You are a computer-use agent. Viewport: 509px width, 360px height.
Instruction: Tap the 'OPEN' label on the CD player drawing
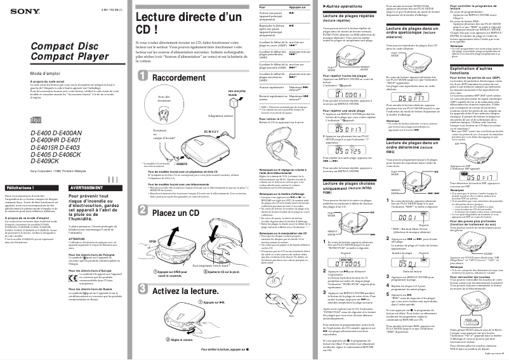[152, 242]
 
